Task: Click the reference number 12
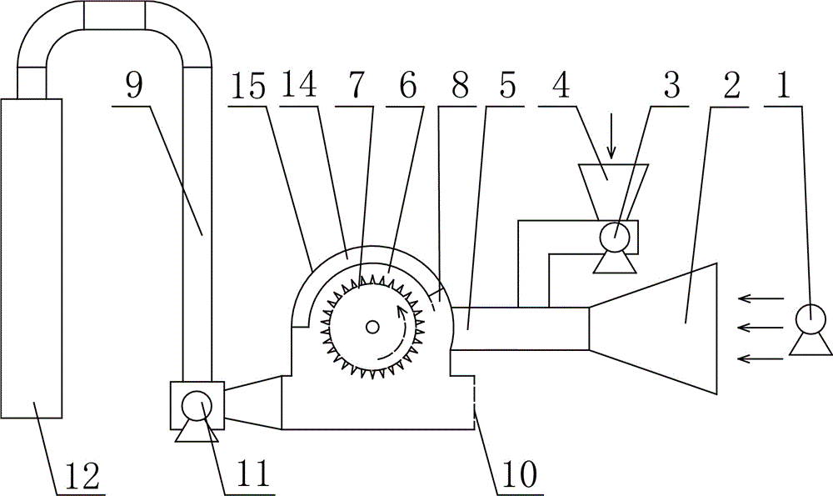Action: tap(82, 475)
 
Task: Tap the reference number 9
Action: tap(135, 85)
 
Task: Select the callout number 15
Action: tap(248, 85)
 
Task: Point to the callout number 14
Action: tap(299, 85)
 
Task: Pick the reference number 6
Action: tap(407, 85)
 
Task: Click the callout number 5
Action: tap(508, 85)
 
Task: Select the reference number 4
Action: tap(561, 85)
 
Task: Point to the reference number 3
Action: tap(672, 85)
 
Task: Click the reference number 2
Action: tap(731, 85)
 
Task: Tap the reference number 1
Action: tap(783, 85)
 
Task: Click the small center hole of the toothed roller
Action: tap(373, 328)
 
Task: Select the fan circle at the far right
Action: tap(811, 319)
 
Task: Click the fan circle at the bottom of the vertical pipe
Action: tap(197, 406)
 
